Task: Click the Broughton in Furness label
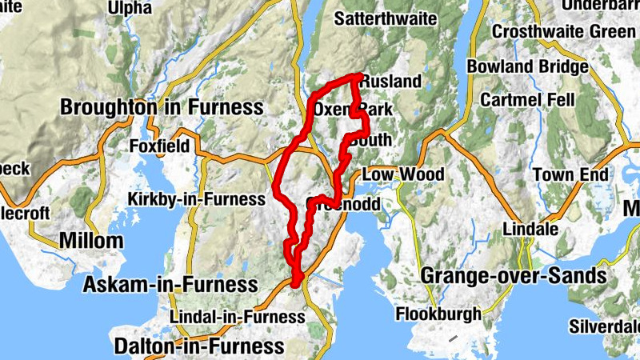(162, 107)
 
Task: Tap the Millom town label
(91, 240)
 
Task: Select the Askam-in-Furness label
(170, 284)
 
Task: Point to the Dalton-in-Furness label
(199, 346)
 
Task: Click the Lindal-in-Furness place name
(237, 317)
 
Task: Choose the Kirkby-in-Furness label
(196, 198)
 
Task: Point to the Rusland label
(390, 82)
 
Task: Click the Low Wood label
(403, 174)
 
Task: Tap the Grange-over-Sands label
(513, 277)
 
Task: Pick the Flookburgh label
(438, 314)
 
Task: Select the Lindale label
(530, 229)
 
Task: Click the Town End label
(571, 174)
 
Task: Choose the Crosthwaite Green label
(563, 31)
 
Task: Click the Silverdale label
(604, 326)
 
